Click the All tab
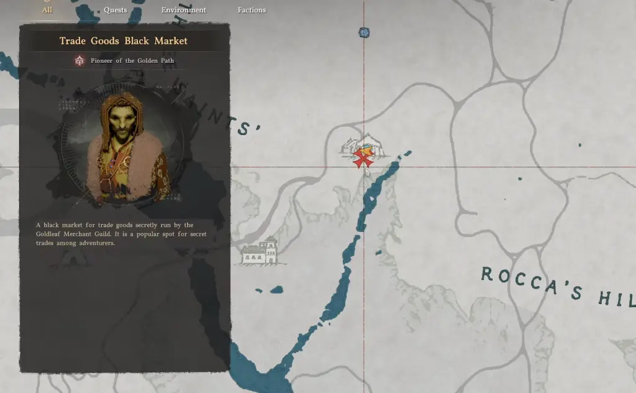[47, 10]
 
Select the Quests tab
[116, 10]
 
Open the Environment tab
[184, 10]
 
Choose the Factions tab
[252, 10]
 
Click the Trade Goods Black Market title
[124, 41]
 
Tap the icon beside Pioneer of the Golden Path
[79, 60]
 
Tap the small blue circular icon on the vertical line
[364, 32]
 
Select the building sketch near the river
[260, 251]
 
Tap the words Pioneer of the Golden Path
[132, 60]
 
